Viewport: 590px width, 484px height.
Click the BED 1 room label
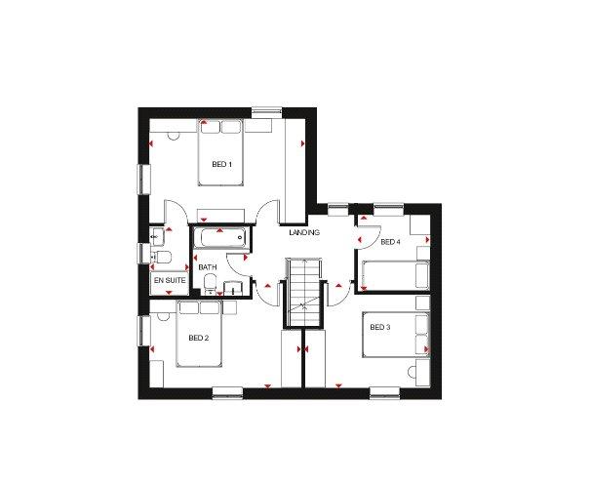pyautogui.click(x=221, y=165)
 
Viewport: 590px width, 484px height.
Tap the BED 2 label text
pyautogui.click(x=199, y=338)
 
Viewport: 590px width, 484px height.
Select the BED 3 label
pyautogui.click(x=380, y=328)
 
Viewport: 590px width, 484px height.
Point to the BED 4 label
pyautogui.click(x=390, y=242)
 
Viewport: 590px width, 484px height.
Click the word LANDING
pyautogui.click(x=304, y=232)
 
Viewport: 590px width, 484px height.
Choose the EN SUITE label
pyautogui.click(x=170, y=280)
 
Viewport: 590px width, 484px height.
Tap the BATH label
pyautogui.click(x=208, y=267)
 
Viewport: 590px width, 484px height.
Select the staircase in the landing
pyautogui.click(x=303, y=292)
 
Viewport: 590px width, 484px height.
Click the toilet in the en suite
pyautogui.click(x=161, y=257)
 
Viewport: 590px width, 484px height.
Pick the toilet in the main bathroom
pyautogui.click(x=210, y=283)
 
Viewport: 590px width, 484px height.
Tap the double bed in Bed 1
pyautogui.click(x=220, y=152)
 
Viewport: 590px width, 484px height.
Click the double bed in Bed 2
pyautogui.click(x=199, y=334)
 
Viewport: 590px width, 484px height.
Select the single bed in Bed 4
pyautogui.click(x=396, y=275)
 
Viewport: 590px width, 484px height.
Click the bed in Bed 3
pyautogui.click(x=396, y=335)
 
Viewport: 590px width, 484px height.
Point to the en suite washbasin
pyautogui.click(x=157, y=236)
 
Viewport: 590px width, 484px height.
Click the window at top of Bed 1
pyautogui.click(x=267, y=111)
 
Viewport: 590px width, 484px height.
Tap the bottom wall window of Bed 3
pyautogui.click(x=384, y=392)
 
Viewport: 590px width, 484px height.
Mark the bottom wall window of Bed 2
pyautogui.click(x=227, y=392)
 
